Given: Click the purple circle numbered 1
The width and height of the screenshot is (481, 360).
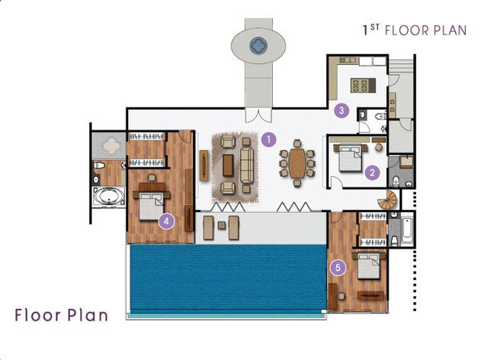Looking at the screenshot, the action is [269, 140].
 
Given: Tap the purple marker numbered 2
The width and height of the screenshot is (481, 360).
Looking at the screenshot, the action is [372, 173].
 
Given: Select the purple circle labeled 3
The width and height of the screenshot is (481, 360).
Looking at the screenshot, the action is [342, 110].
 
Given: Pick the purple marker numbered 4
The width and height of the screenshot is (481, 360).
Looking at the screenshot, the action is [167, 221].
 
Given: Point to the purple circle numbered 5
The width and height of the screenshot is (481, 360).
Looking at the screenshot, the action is [338, 268].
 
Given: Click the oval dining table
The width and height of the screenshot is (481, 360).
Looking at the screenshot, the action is [297, 163].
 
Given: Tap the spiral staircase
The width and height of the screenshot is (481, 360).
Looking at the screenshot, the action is [387, 200].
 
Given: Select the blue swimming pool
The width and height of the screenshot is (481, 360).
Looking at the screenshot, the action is [228, 278].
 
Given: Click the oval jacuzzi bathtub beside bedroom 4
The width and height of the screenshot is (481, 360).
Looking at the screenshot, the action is [109, 196].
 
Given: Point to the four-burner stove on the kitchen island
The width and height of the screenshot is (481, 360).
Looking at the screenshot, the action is [360, 85].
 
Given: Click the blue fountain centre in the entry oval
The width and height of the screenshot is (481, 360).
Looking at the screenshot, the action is [258, 46].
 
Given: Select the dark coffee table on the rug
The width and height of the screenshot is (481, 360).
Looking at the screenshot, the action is [228, 165].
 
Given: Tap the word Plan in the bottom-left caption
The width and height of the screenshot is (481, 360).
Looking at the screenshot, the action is [88, 315].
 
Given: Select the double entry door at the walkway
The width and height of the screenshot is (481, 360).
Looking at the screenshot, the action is [258, 115].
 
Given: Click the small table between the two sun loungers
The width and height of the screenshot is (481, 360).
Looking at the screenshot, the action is [222, 226].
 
